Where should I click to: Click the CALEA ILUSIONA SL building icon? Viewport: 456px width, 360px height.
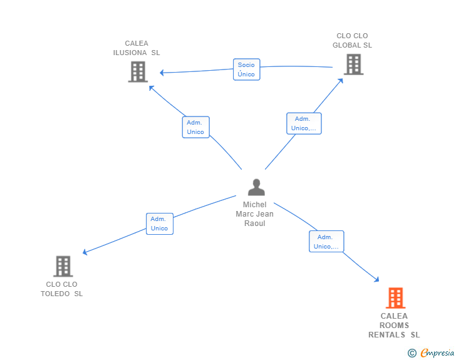pos(138,72)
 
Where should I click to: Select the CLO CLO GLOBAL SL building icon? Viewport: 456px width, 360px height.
pos(354,64)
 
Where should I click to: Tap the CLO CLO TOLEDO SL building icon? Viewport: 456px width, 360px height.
pos(63,266)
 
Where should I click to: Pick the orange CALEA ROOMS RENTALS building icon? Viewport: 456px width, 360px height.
pos(395,298)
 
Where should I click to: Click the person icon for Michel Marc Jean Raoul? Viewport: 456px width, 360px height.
pos(256,187)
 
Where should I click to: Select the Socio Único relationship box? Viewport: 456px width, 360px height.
pos(246,69)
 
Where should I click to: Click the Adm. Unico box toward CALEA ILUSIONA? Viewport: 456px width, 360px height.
pos(195,127)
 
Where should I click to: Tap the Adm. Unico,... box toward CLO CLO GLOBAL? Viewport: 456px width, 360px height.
pos(304,123)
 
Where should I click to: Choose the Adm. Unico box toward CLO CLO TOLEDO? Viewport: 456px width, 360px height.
pos(160,224)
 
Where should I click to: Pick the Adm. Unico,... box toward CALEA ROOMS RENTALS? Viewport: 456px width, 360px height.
pos(326,242)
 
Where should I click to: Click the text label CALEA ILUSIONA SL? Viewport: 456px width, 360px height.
pos(137,48)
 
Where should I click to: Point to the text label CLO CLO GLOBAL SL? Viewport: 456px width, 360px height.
pos(352,41)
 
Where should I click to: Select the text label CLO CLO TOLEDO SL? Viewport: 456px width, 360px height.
pos(61,289)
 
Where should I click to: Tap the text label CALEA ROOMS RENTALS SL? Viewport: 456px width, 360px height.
pos(394,325)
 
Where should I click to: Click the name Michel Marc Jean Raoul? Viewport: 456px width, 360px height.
pos(254,213)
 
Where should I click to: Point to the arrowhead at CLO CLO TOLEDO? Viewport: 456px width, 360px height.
pos(85,252)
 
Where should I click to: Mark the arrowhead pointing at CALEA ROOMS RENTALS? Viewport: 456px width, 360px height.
pos(376,279)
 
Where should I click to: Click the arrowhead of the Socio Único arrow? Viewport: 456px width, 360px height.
pos(162,73)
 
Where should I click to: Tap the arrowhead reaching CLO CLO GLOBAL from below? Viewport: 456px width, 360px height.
pos(341,81)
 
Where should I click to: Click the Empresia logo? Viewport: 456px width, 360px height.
pos(431,352)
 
